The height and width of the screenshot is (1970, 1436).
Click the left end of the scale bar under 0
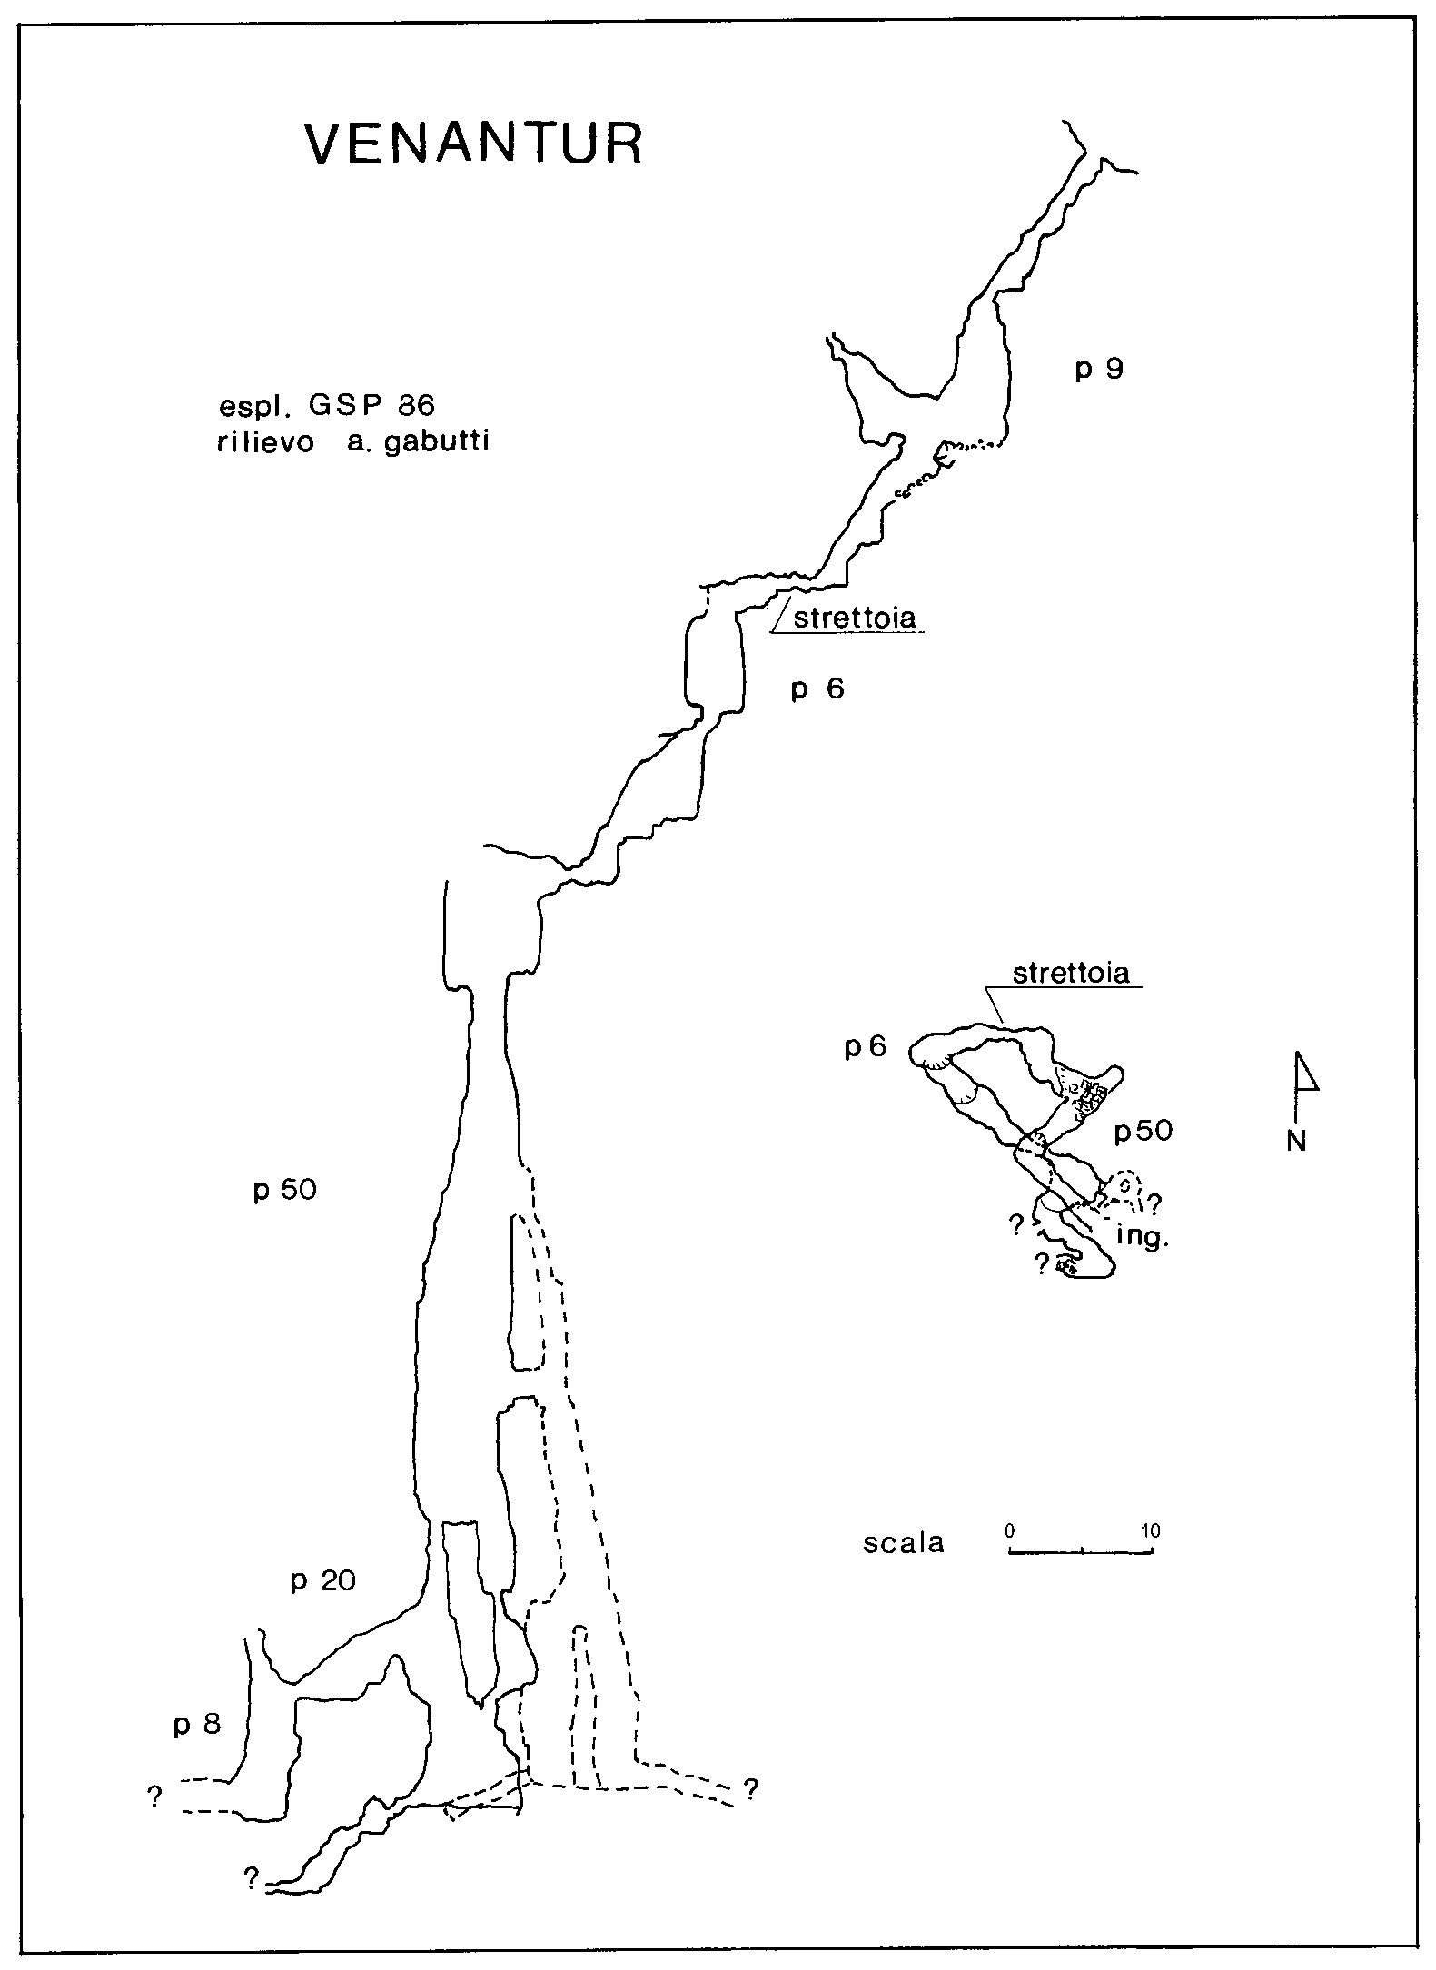pyautogui.click(x=1010, y=1551)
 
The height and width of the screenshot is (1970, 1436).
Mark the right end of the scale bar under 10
pyautogui.click(x=1153, y=1551)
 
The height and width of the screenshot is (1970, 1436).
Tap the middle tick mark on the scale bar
pyautogui.click(x=1082, y=1549)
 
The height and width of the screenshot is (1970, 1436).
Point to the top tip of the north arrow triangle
pyautogui.click(x=1298, y=1053)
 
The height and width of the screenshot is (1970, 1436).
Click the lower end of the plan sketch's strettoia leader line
pyautogui.click(x=1002, y=1027)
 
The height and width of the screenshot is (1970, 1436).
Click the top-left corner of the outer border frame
pyautogui.click(x=21, y=20)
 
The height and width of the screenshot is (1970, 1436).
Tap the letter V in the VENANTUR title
pyautogui.click(x=328, y=144)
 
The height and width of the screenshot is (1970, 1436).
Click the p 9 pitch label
pyautogui.click(x=1100, y=371)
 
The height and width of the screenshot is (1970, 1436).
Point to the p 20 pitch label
pyautogui.click(x=322, y=1581)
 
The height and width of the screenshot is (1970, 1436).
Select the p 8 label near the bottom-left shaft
pyautogui.click(x=197, y=1725)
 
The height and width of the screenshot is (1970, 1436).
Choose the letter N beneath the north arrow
pyautogui.click(x=1296, y=1142)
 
